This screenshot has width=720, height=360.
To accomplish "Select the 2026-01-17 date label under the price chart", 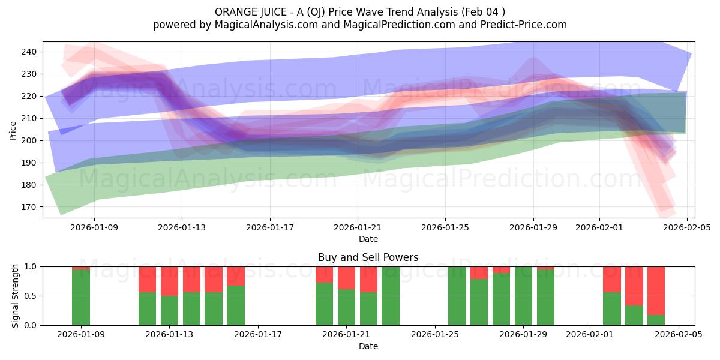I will point(270,227).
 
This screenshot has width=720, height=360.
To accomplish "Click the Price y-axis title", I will point(13,130).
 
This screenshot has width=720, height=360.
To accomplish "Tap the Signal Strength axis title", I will point(16,296).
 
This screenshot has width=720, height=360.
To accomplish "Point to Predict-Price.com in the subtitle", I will point(520,25).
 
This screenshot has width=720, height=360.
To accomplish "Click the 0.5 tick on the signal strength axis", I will point(30,296).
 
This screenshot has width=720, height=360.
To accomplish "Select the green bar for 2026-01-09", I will point(81,298).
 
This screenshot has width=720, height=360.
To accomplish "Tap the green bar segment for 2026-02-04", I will point(656,320).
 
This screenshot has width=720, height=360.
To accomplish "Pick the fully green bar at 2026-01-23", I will point(391,296).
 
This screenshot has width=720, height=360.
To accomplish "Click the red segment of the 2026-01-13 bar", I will point(169,281).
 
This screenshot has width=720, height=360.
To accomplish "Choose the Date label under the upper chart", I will point(368,239).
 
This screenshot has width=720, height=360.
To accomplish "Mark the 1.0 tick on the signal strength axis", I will point(30,266).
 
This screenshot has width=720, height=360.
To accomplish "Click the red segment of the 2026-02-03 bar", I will point(634,286).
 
